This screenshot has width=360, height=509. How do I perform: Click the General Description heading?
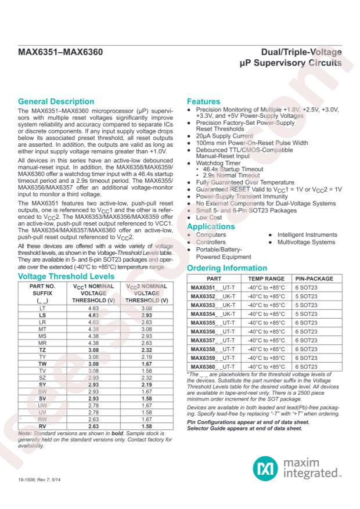56,102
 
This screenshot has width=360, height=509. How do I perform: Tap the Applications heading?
211,226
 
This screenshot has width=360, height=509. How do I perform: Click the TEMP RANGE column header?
267,279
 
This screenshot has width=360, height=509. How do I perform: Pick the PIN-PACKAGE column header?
314,279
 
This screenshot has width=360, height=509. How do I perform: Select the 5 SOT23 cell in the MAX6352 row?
308,296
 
